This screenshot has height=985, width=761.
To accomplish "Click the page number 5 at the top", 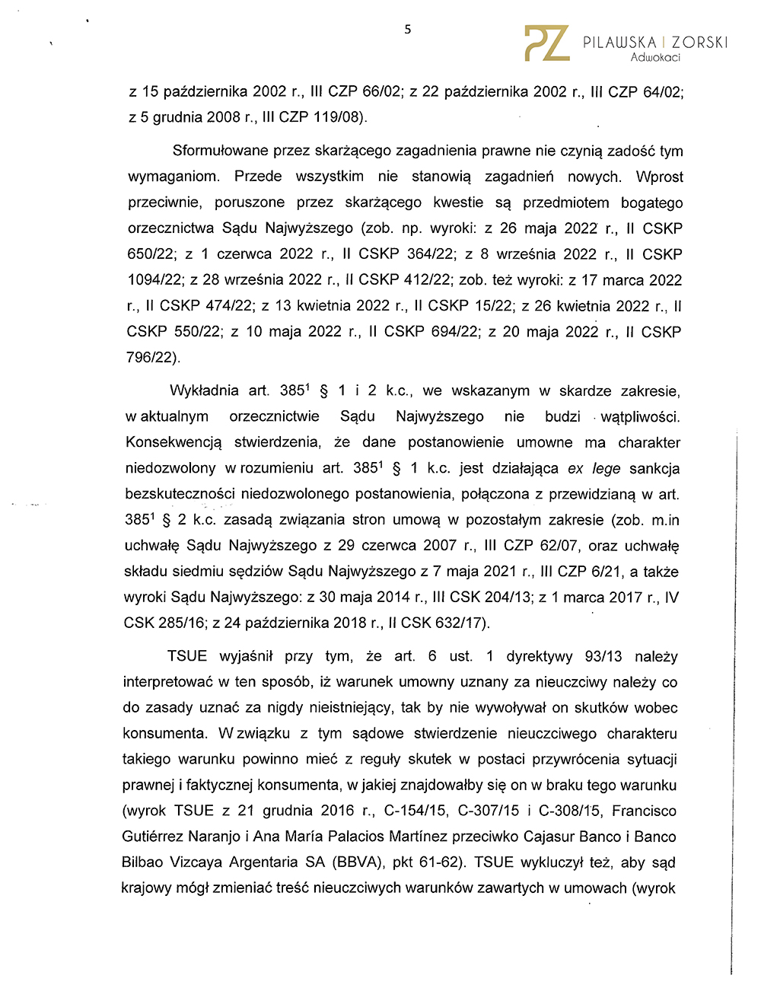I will pyautogui.click(x=407, y=30).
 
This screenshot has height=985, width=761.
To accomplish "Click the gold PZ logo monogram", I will pyautogui.click(x=546, y=43).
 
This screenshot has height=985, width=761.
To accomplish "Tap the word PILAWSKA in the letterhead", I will pyautogui.click(x=619, y=43).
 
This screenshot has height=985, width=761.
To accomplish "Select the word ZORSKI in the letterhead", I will pyautogui.click(x=699, y=43).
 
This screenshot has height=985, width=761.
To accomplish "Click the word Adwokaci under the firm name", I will pyautogui.click(x=655, y=58).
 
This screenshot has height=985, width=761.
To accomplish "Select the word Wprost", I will pyautogui.click(x=659, y=177).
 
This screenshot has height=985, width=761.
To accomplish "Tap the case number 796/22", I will pyautogui.click(x=151, y=357).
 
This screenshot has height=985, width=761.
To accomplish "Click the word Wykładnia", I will pyautogui.click(x=204, y=390).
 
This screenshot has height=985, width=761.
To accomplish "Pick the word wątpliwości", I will pyautogui.click(x=640, y=416).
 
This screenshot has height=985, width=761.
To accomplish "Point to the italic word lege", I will pyautogui.click(x=606, y=468).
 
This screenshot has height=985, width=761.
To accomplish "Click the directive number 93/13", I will pyautogui.click(x=603, y=656).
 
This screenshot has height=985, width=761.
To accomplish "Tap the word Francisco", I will pyautogui.click(x=644, y=811).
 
